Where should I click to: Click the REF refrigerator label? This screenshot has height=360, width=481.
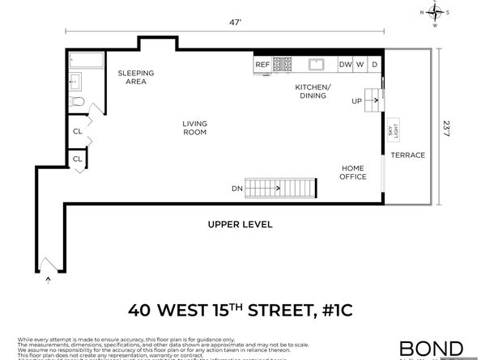tap(262, 65)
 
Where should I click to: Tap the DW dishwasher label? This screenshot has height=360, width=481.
tap(344, 65)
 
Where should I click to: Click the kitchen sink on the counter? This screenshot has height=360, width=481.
tap(316, 65)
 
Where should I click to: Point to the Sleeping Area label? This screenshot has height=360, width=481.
tap(135, 77)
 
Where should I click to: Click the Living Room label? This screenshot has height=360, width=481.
tap(194, 128)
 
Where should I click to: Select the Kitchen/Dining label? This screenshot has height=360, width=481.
tap(312, 91)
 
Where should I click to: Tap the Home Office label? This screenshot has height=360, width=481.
tap(352, 172)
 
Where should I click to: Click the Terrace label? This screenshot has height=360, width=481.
tap(407, 155)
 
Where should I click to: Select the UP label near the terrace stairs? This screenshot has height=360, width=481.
tap(356, 102)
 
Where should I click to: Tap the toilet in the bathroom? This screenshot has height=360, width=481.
tap(77, 102)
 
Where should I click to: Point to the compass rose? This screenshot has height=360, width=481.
tap(435, 13)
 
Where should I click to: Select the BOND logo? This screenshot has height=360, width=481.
tap(431, 348)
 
